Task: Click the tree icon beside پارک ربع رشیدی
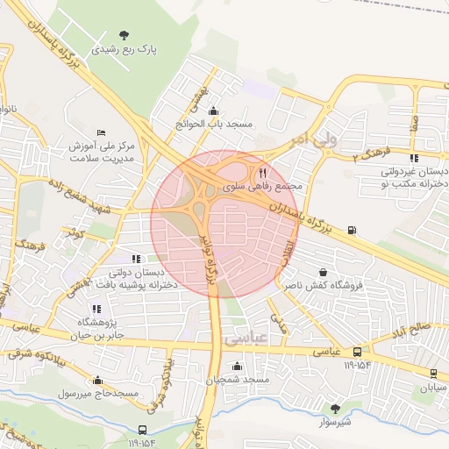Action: click(124, 35)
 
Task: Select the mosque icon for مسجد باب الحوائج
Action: click(215, 110)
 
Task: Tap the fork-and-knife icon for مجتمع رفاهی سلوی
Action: click(263, 173)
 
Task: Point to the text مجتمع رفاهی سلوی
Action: click(263, 187)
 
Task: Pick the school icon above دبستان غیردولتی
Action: click(414, 158)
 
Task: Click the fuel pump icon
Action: click(352, 231)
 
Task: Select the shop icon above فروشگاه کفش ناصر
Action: click(324, 272)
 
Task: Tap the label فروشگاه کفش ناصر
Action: click(318, 286)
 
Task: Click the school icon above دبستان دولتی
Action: click(136, 259)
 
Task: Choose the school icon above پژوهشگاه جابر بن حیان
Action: click(96, 309)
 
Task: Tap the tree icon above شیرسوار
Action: click(334, 407)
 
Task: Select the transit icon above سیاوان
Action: click(432, 373)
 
